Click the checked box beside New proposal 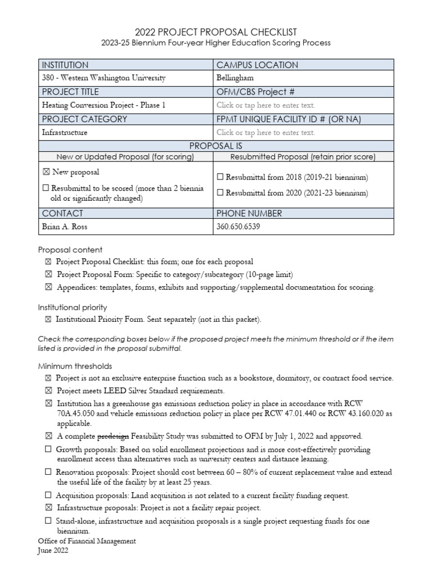point(46,172)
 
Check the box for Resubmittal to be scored point(46,188)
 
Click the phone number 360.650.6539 point(238,227)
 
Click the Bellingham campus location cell point(235,78)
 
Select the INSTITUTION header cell point(65,65)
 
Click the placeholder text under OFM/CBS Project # point(265,105)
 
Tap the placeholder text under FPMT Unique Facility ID point(265,133)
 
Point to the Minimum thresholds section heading point(75,366)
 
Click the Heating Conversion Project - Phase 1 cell point(103,105)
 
